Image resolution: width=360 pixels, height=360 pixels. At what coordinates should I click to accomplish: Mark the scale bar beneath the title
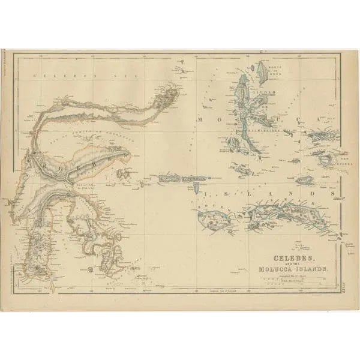tap(295, 280)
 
